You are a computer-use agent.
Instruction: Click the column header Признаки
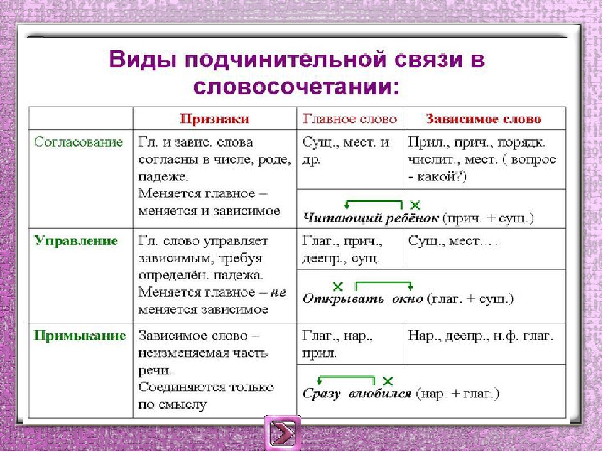pos(215,119)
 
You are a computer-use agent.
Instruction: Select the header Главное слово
pos(350,119)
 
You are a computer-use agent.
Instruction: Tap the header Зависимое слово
pos(484,119)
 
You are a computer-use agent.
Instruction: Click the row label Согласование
pos(79,143)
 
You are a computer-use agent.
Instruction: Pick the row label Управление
pos(76,240)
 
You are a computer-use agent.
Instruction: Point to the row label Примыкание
pos(80,335)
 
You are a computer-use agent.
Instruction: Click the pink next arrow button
pos(283,433)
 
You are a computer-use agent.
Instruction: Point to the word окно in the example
pos(408,299)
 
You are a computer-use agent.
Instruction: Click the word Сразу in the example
pos(322,394)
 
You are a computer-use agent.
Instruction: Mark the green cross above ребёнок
pos(415,205)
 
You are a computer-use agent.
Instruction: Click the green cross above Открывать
pos(337,287)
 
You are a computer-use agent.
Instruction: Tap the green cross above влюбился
pos(388,381)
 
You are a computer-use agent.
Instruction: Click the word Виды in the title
pos(140,60)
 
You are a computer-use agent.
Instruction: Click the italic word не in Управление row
pos(278,293)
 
